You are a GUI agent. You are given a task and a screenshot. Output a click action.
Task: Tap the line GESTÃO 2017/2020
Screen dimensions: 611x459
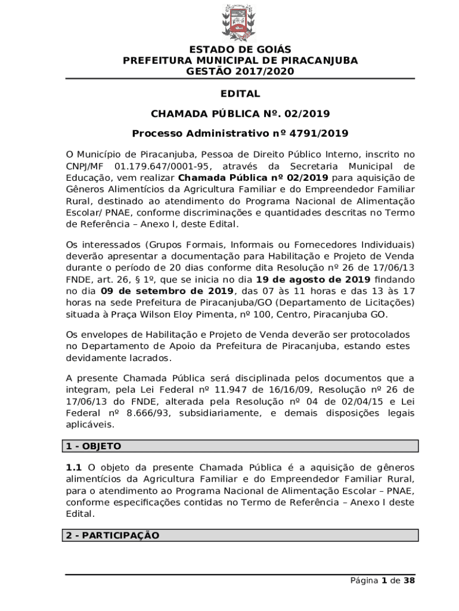click(240, 72)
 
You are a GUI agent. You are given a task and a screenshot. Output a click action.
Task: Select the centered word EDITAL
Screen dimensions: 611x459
click(240, 94)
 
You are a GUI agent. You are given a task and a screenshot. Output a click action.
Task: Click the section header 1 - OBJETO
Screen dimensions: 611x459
click(94, 446)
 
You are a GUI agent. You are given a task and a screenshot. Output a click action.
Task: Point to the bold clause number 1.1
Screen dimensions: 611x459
click(74, 467)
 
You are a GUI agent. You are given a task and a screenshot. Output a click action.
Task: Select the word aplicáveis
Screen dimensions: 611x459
click(89, 425)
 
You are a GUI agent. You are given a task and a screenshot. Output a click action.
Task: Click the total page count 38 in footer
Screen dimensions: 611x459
click(409, 581)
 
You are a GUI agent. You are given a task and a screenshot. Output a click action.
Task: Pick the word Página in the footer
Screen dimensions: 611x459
click(364, 581)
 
